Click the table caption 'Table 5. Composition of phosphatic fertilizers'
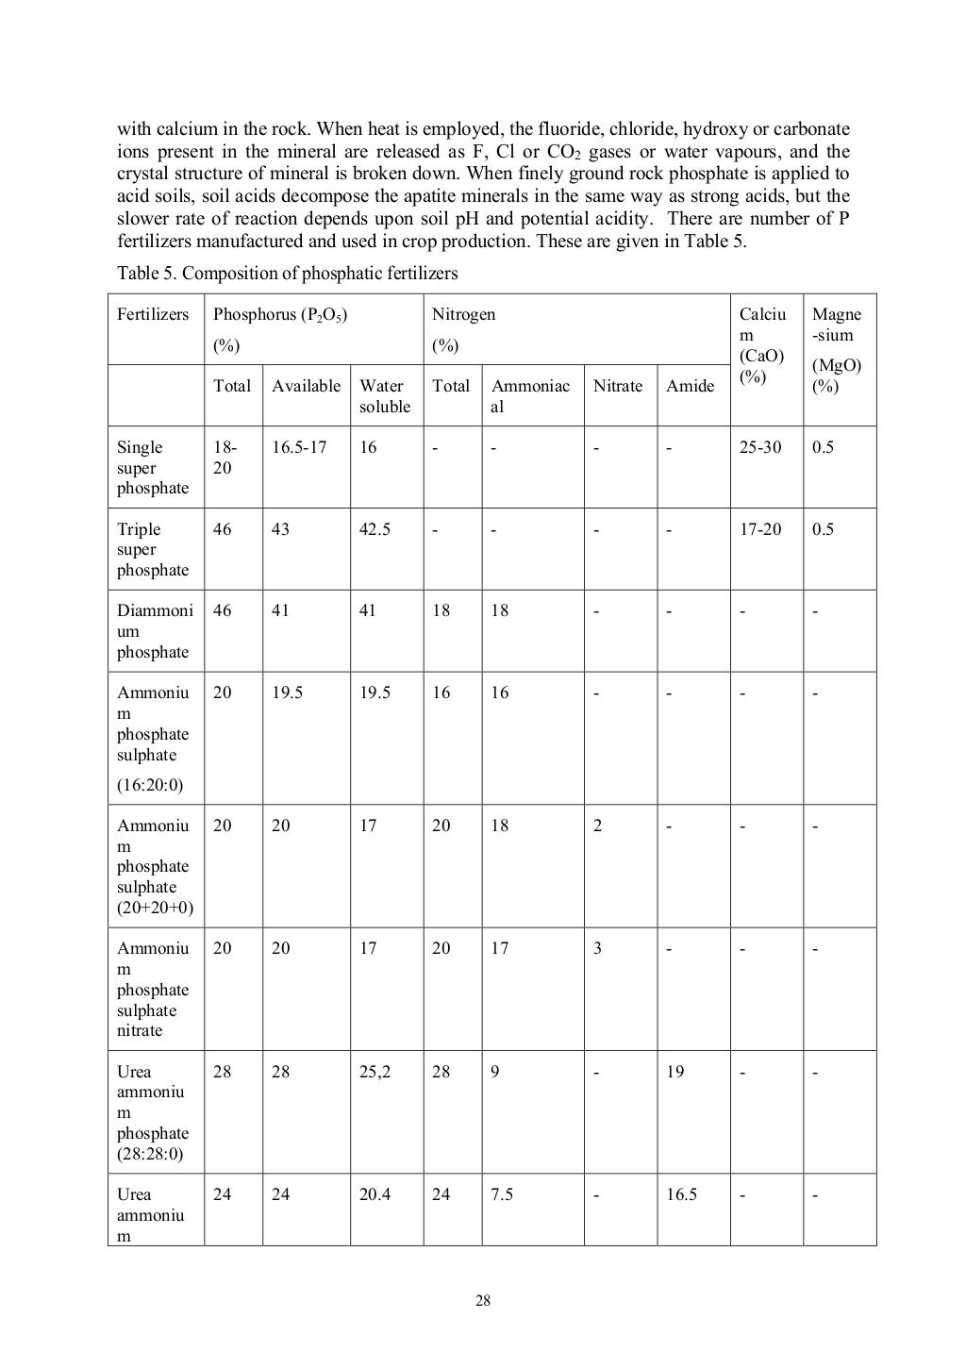[x=287, y=274]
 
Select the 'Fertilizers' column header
[x=153, y=314]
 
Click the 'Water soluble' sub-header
[x=384, y=396]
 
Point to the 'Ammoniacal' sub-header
[x=530, y=396]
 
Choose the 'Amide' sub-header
[x=690, y=386]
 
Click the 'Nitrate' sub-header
[x=617, y=386]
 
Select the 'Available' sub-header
[x=306, y=386]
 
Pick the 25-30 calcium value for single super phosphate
[x=759, y=447]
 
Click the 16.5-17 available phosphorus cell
[x=299, y=447]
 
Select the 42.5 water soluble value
[x=375, y=529]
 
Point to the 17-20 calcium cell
[x=759, y=529]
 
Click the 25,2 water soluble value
[x=375, y=1072]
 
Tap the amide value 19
[x=675, y=1072]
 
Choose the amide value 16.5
[x=681, y=1194]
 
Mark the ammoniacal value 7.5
[x=502, y=1194]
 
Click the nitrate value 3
[x=597, y=948]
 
